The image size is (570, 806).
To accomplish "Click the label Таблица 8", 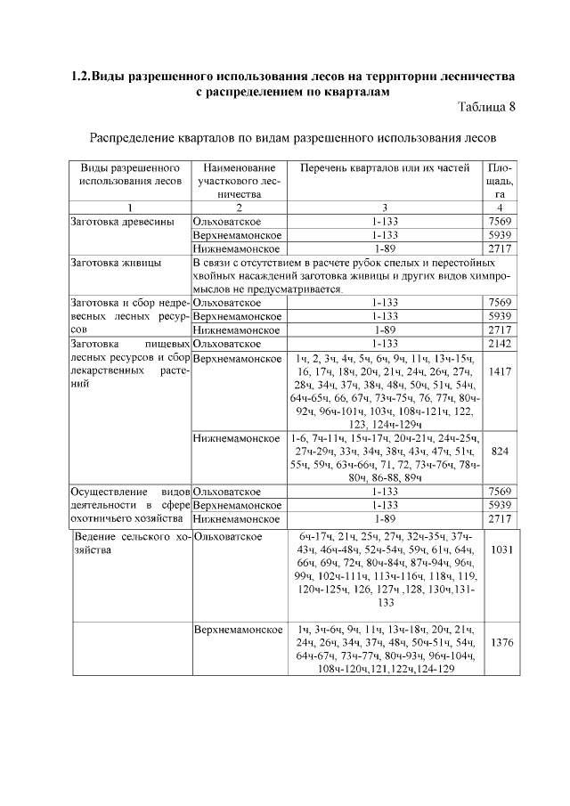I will tap(486, 108).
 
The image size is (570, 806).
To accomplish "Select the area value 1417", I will tap(501, 371).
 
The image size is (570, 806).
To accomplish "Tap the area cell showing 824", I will tap(501, 452).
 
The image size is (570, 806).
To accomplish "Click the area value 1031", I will tap(501, 550).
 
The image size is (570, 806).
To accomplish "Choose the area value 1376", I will tap(501, 643).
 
